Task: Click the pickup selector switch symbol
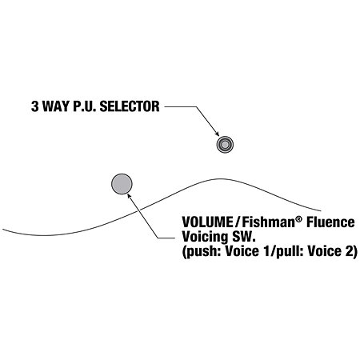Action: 225,145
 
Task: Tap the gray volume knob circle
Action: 122,184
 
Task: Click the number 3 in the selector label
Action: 35,106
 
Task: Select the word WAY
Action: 55,106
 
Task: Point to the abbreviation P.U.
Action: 85,106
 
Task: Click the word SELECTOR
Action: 130,106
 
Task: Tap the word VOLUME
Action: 207,222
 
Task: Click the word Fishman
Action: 269,222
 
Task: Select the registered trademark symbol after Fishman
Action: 299,219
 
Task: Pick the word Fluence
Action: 330,222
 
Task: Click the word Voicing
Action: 205,237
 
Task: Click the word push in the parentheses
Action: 203,252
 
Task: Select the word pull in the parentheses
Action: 289,252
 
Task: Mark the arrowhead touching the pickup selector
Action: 217,134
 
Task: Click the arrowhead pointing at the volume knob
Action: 130,196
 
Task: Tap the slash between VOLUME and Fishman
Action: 238,222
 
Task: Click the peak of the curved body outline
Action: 221,179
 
